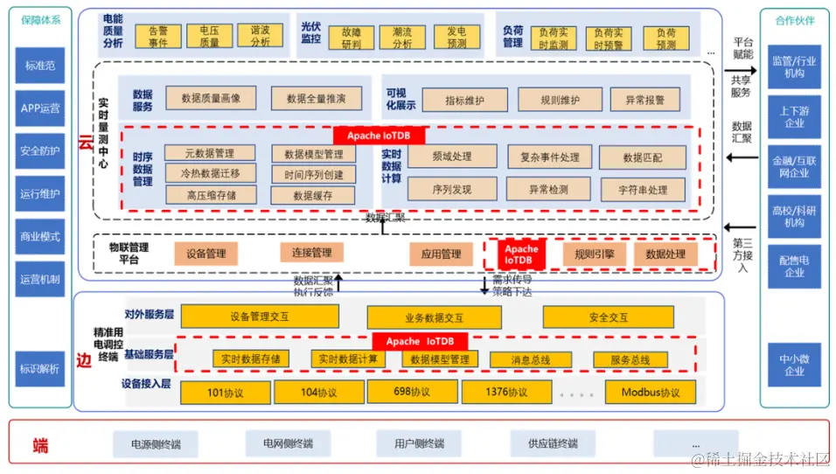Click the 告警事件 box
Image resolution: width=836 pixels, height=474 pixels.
(158, 36)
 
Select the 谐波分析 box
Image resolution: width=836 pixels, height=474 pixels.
(260, 36)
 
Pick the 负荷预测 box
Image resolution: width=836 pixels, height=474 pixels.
(665, 38)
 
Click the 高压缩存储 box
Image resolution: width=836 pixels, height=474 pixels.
(210, 195)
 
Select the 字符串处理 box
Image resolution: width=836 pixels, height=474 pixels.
(642, 190)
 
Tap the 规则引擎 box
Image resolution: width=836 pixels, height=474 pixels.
(588, 254)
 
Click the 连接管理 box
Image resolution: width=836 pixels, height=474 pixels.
(311, 253)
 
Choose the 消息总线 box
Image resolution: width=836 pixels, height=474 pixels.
(531, 359)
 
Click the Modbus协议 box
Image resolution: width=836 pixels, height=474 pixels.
(650, 392)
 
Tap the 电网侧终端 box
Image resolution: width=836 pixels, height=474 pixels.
(287, 443)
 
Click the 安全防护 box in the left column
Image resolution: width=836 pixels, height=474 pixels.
(40, 150)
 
